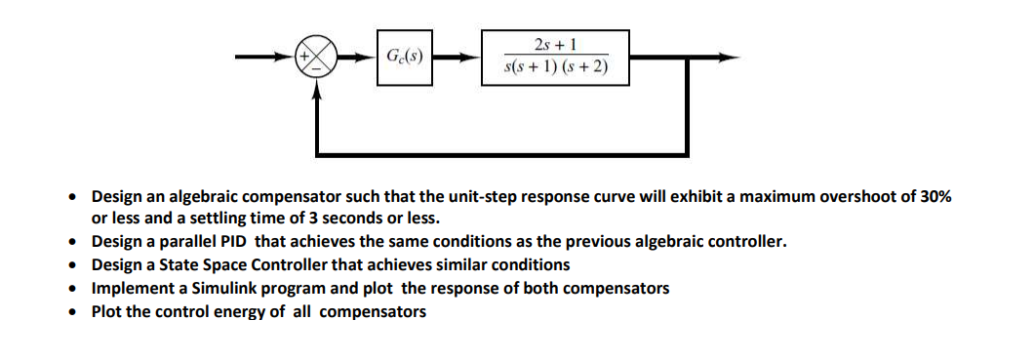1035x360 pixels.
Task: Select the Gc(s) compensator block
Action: tap(405, 58)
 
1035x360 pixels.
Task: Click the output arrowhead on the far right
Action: tap(726, 58)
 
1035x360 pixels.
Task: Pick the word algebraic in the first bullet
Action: tap(185, 196)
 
